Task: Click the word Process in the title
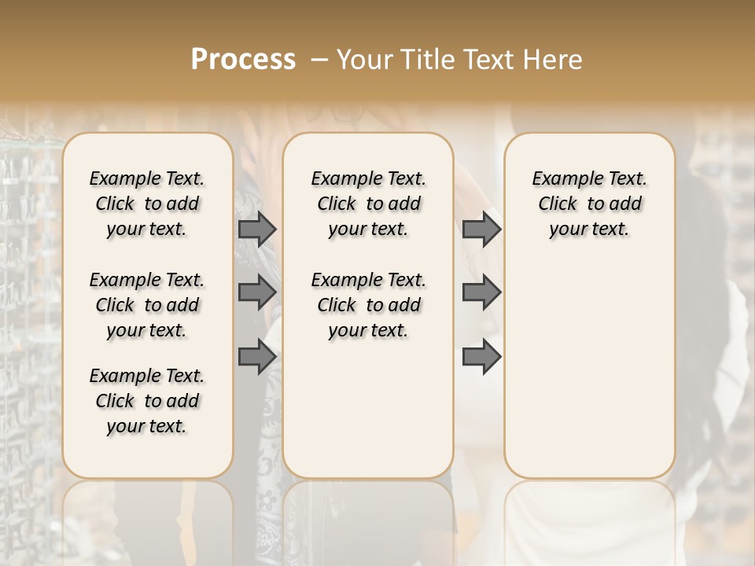click(x=243, y=60)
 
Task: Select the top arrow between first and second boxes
click(x=257, y=230)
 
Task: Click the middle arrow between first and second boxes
click(x=257, y=292)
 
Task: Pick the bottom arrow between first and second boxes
click(x=257, y=357)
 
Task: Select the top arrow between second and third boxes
click(x=481, y=230)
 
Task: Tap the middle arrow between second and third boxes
click(x=481, y=292)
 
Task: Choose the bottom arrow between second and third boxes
click(x=481, y=357)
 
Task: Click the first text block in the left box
click(x=147, y=204)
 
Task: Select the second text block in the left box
click(x=147, y=305)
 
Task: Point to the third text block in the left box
click(x=147, y=401)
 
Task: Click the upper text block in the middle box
click(x=368, y=204)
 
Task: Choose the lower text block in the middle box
click(x=368, y=305)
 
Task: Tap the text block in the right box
click(x=590, y=204)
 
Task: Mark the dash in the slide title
click(x=319, y=60)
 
